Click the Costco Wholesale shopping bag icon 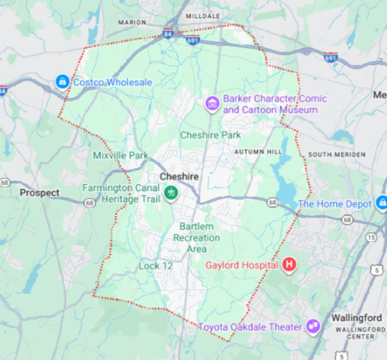[x=62, y=81]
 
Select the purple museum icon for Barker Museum [x=211, y=103]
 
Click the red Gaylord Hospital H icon [x=289, y=265]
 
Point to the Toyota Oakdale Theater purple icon [x=314, y=326]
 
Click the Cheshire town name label [x=179, y=177]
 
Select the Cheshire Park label [x=210, y=135]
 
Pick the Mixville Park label [x=120, y=156]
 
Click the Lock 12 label [x=155, y=266]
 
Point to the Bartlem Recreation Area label [x=197, y=237]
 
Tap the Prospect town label [x=39, y=192]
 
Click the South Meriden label [x=337, y=154]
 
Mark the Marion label [x=132, y=22]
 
